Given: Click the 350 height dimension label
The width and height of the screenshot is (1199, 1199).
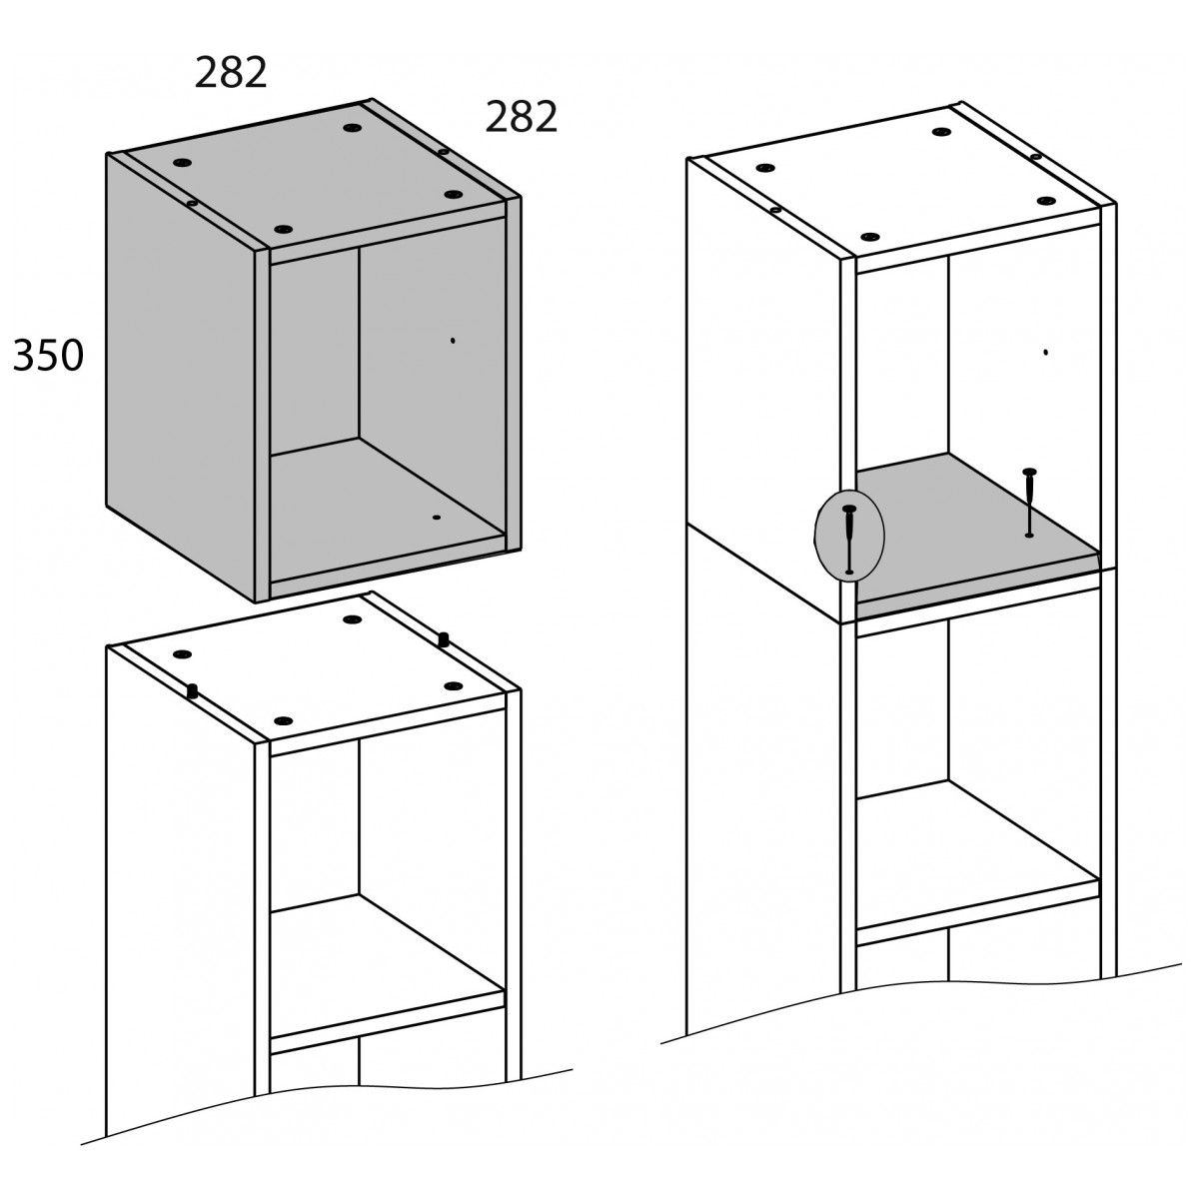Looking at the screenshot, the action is (x=48, y=356).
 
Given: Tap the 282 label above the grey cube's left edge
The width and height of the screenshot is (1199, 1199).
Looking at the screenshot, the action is (x=231, y=72).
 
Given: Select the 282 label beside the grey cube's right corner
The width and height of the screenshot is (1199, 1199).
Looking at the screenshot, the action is (x=521, y=116).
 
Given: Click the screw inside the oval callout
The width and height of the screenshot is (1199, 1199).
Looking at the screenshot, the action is (x=849, y=539).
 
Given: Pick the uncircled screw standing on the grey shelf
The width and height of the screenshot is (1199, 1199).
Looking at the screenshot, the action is (x=1030, y=502).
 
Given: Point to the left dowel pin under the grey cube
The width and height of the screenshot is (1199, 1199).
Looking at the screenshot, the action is (x=192, y=691).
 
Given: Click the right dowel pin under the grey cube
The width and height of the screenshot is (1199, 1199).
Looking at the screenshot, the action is (x=444, y=639).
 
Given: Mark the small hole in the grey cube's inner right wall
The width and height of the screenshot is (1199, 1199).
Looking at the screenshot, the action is (x=453, y=341).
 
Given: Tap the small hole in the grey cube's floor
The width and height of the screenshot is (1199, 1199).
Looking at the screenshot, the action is (x=437, y=517).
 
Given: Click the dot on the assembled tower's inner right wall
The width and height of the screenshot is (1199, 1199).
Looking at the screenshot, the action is (x=1045, y=352).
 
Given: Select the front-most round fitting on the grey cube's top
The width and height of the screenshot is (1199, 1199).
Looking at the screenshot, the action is (x=283, y=229).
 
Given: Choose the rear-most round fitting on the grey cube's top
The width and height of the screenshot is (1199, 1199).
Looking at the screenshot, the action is (x=352, y=128).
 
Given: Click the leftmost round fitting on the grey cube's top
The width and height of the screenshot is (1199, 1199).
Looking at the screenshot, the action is (x=182, y=163).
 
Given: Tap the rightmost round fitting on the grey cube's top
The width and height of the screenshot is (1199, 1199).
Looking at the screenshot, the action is (x=454, y=195).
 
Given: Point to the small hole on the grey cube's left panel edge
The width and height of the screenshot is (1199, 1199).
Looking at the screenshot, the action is (x=192, y=203).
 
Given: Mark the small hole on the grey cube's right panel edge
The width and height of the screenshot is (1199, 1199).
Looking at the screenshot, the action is (x=443, y=151).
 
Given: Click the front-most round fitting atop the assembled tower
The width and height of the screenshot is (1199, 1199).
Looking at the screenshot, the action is (x=870, y=237).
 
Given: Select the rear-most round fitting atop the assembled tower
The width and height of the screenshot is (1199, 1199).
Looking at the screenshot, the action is (x=941, y=132).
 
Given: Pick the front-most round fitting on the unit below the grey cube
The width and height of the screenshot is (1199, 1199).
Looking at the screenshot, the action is (x=283, y=720).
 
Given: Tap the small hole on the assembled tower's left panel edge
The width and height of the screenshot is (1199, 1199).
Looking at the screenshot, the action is (x=775, y=210).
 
